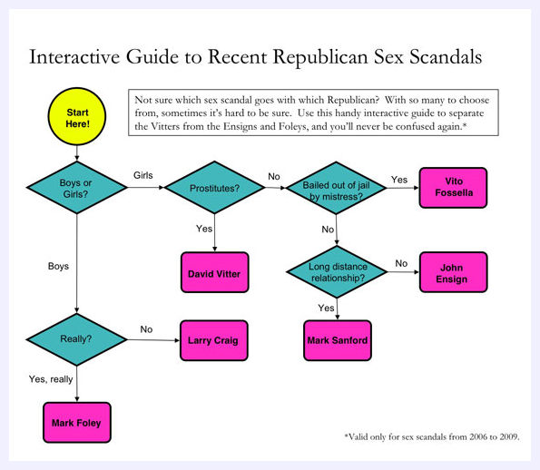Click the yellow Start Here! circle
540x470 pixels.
[x=77, y=116]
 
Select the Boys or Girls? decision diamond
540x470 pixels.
[x=77, y=187]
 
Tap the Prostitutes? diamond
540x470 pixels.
[x=214, y=187]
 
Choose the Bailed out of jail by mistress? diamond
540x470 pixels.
[x=336, y=188]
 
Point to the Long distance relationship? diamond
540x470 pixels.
[x=337, y=271]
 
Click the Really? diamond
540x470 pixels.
[x=76, y=339]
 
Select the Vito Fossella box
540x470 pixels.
[x=453, y=188]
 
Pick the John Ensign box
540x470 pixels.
[x=453, y=272]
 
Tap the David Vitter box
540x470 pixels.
[x=214, y=272]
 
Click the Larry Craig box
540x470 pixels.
[x=214, y=340]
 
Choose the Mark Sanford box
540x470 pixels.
[x=338, y=340]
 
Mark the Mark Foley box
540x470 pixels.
[x=77, y=423]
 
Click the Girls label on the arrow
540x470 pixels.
[x=142, y=175]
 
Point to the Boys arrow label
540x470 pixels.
[x=58, y=266]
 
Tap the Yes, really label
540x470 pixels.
[x=51, y=379]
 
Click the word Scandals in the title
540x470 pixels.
[x=446, y=57]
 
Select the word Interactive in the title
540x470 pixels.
[x=74, y=57]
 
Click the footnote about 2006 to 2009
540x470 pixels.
[x=432, y=436]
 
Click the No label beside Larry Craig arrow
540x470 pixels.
[x=146, y=329]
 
